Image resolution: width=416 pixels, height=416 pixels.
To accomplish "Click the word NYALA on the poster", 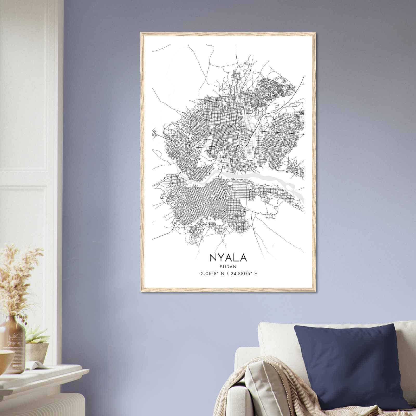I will point(228,257).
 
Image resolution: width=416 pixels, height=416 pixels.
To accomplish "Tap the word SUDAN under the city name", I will point(228,267).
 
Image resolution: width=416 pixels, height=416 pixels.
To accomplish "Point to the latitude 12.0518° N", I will point(211,274).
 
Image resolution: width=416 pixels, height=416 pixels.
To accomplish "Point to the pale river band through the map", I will point(260,177).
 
